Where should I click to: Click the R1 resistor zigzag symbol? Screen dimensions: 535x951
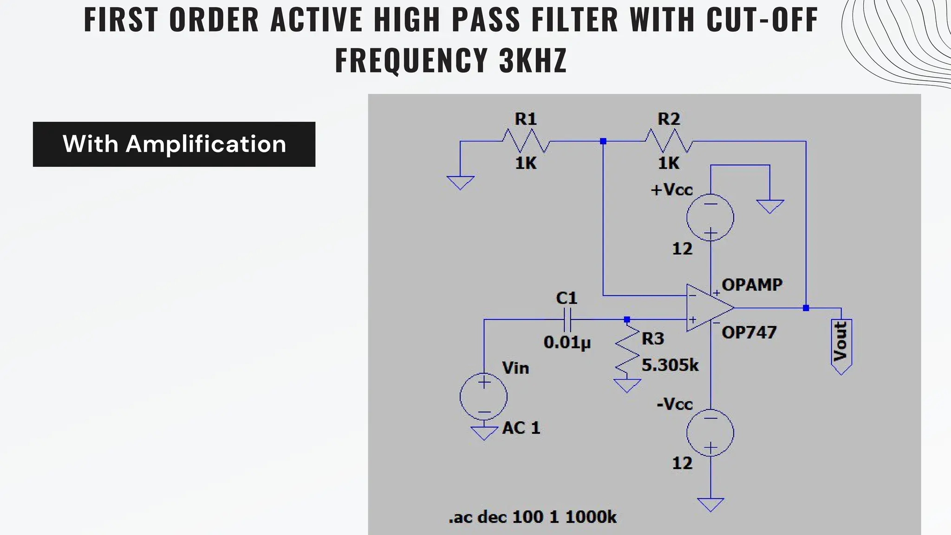coord(526,141)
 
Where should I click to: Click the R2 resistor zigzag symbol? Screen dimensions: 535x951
coord(669,141)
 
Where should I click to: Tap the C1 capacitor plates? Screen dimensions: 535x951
coord(567,320)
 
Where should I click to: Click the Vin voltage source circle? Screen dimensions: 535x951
coord(483,397)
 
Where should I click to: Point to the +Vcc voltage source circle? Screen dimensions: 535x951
coord(710,217)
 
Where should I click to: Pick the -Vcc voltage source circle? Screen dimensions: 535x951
coord(710,432)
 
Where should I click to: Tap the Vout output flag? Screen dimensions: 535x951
coord(841,346)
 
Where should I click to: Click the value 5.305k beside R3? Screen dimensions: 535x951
coord(670,365)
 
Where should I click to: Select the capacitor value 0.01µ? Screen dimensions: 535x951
coord(567,343)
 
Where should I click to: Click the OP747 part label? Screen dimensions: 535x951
coord(749,333)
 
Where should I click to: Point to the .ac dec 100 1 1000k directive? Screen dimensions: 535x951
coord(532,517)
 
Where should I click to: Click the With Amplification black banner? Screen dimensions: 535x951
coord(174,144)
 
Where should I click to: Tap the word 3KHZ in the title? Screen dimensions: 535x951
coord(533,60)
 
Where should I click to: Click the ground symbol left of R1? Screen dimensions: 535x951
coord(460,182)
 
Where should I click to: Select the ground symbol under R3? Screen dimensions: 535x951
coord(627,385)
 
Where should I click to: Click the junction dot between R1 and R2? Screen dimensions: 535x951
coord(603,141)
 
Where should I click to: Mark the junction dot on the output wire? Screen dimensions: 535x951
coord(806,308)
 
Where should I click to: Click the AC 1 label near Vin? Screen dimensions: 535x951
coord(521,428)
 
